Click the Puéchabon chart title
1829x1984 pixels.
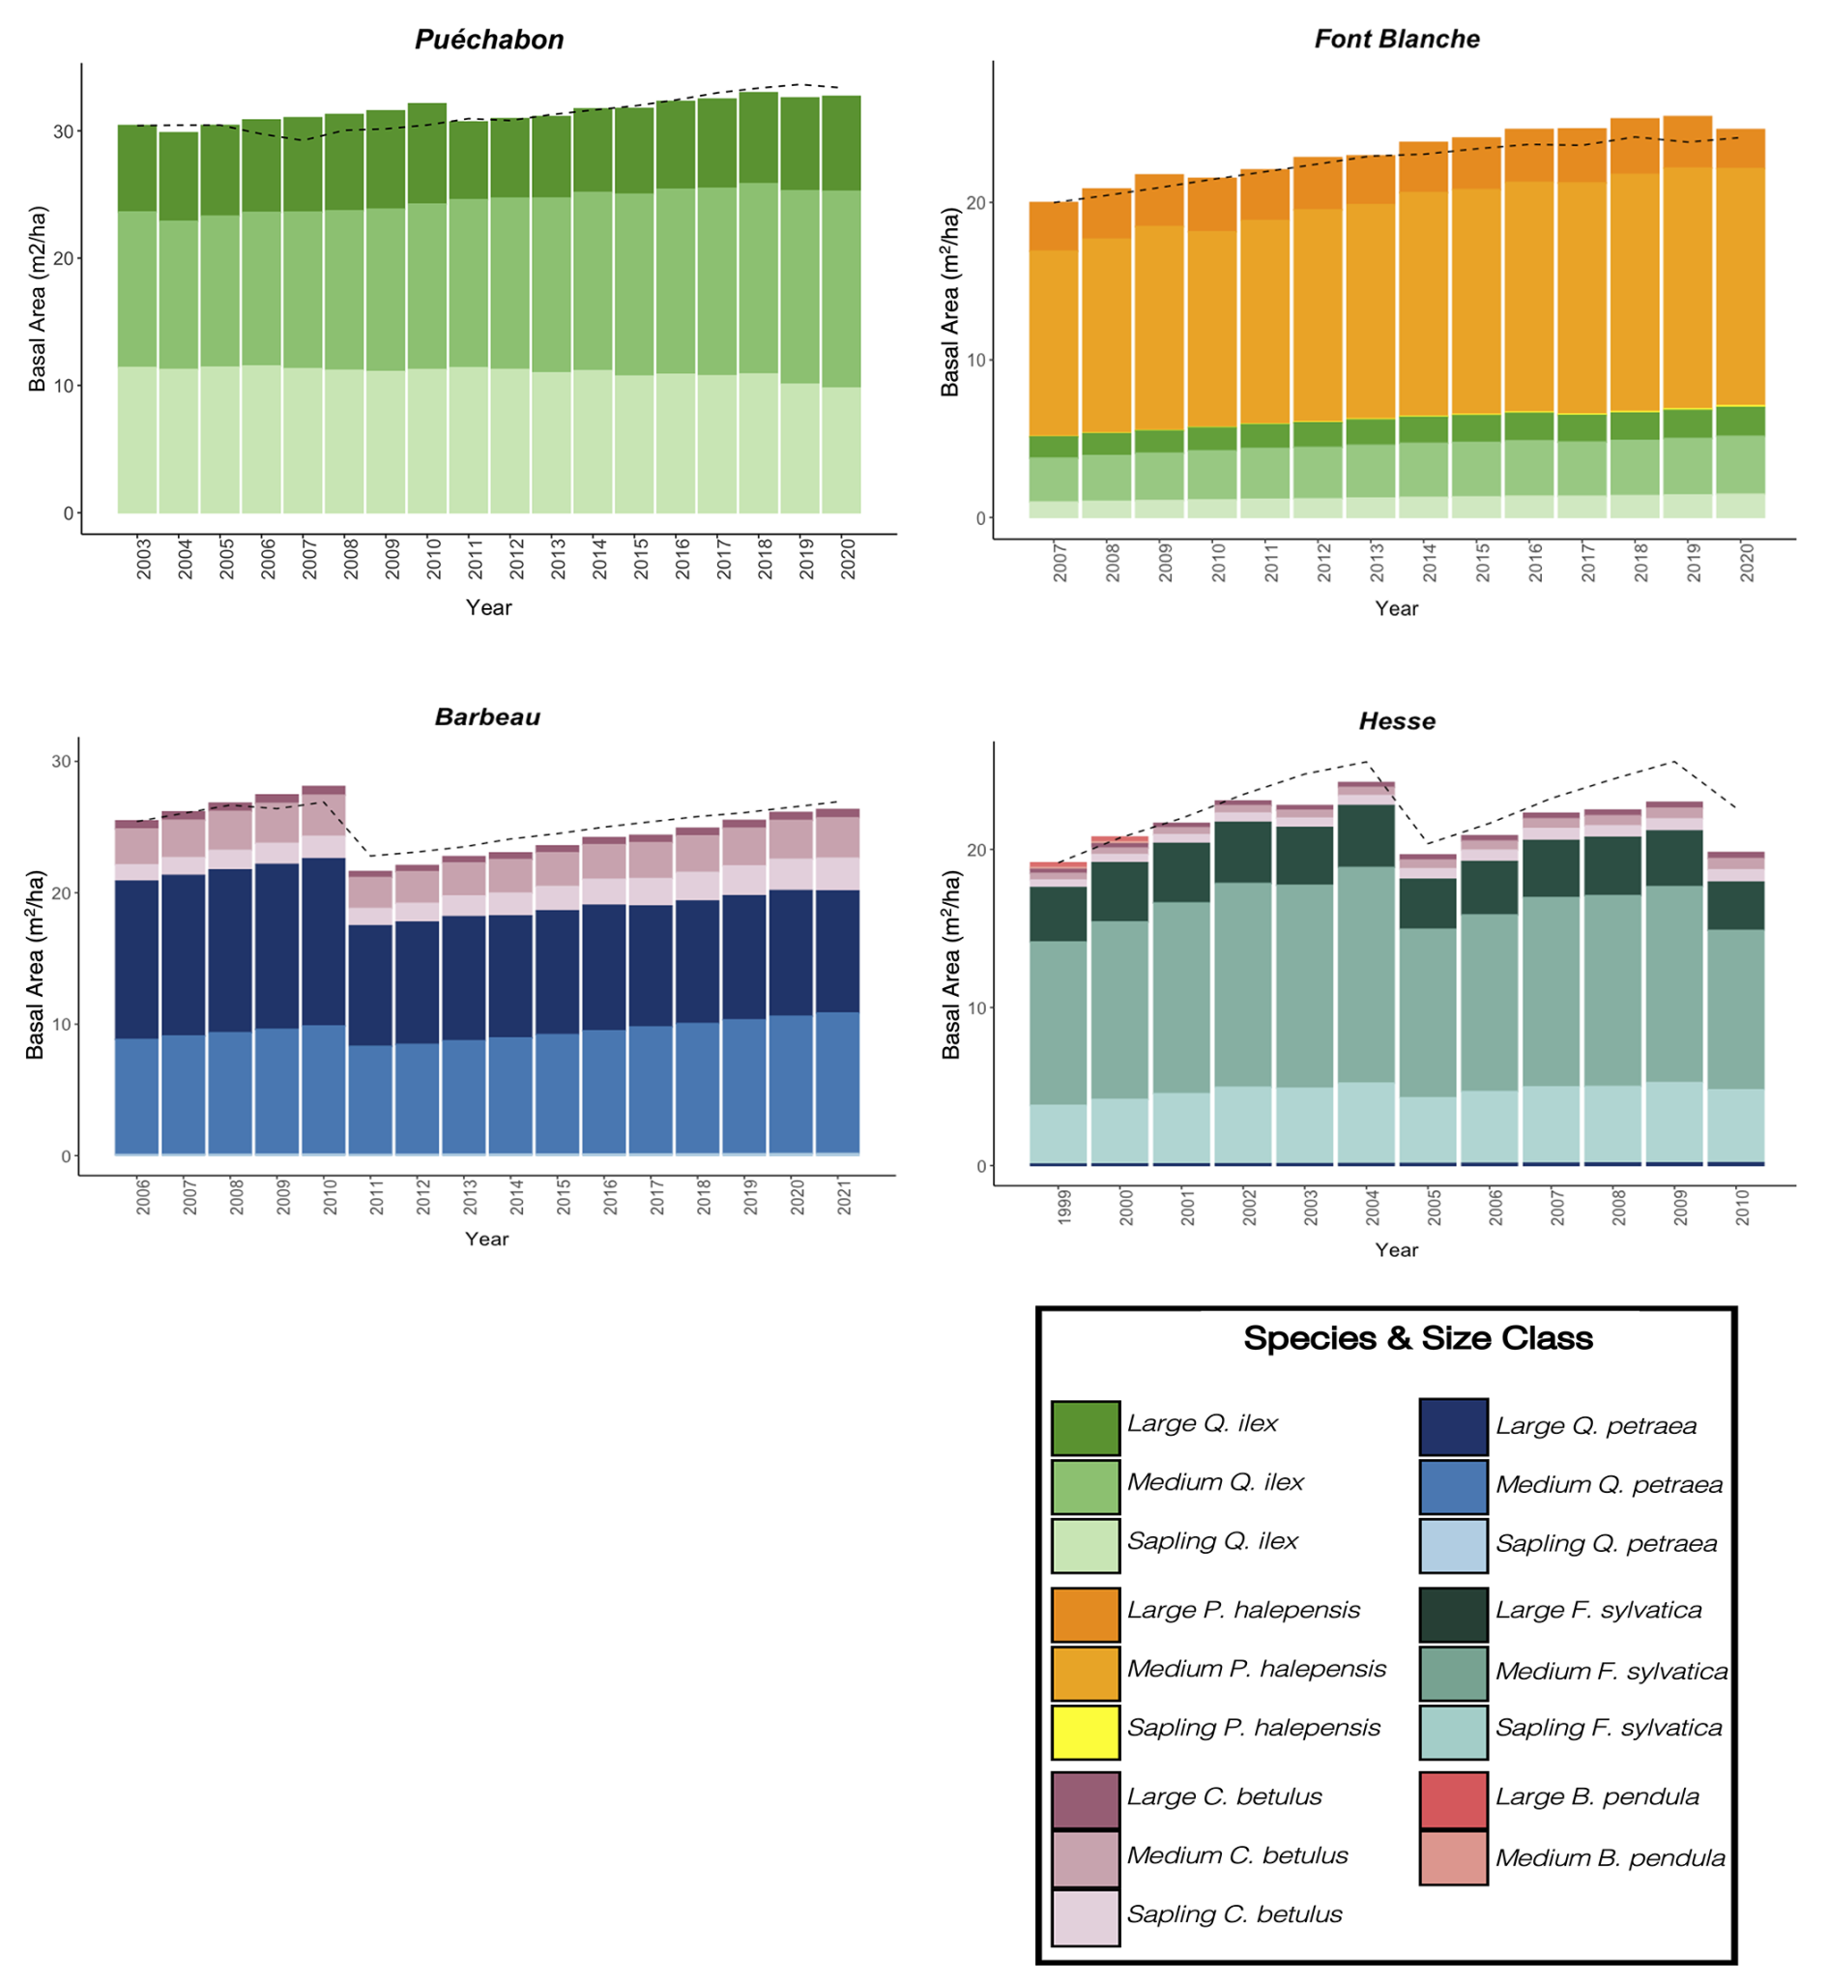point(489,40)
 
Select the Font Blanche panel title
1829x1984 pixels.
point(1397,40)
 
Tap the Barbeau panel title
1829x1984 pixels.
point(488,716)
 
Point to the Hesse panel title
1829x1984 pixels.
point(1397,720)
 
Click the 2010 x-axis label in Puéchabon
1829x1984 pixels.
point(434,559)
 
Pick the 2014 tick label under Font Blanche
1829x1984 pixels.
point(1429,562)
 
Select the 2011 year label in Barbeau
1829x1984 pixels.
point(377,1196)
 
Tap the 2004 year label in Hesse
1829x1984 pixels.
point(1373,1207)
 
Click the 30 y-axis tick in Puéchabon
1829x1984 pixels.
point(64,131)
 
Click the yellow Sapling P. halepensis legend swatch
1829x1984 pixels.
point(1086,1732)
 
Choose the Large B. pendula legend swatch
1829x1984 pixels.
point(1453,1800)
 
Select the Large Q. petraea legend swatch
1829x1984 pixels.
point(1453,1427)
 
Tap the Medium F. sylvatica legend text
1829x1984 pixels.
point(1611,1672)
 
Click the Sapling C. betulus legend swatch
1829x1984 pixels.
point(1086,1917)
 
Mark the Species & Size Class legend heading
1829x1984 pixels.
point(1417,1338)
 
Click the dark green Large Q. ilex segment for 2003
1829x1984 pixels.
point(137,168)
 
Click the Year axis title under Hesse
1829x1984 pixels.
point(1396,1250)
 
